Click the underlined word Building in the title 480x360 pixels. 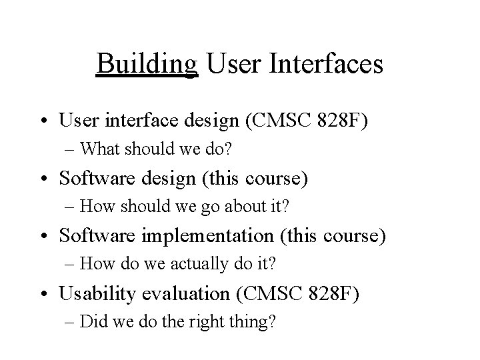coord(147,65)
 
